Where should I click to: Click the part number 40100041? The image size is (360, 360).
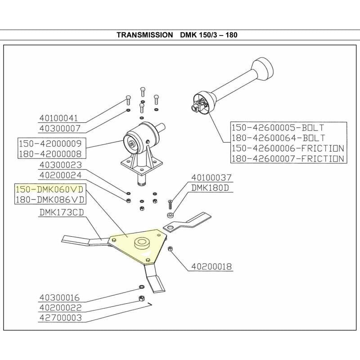coord(59,118)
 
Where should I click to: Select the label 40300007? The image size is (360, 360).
coord(59,128)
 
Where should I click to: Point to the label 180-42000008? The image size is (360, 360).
coord(49,154)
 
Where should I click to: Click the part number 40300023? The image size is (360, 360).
coord(59,165)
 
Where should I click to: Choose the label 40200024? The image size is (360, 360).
coord(59,176)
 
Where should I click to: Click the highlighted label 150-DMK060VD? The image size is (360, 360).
coord(49,189)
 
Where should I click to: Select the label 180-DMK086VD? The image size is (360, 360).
coord(49,198)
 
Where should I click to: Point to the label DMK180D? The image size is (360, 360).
coord(211,187)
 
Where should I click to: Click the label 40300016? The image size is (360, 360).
coord(59,297)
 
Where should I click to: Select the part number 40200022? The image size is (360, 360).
coord(59,307)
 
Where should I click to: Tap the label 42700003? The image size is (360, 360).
coord(59,317)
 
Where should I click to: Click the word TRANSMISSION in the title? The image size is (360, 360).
coord(144,35)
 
